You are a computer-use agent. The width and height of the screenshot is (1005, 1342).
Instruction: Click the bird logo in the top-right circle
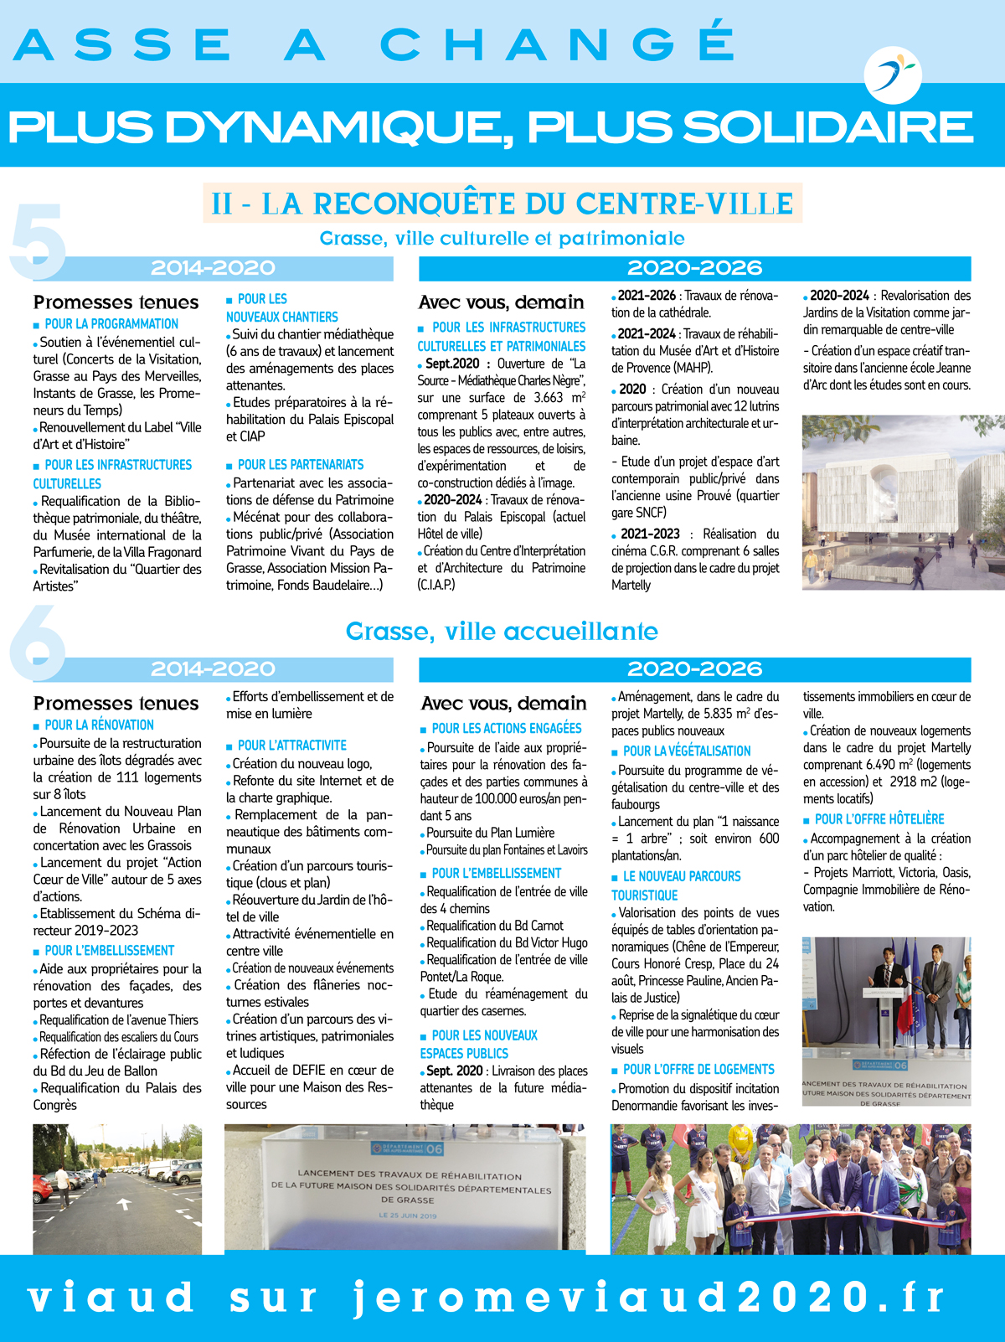[x=893, y=74]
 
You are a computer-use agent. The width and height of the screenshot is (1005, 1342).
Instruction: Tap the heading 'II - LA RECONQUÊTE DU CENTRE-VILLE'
[x=502, y=204]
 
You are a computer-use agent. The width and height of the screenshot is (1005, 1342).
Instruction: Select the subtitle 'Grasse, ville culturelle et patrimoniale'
[x=502, y=239]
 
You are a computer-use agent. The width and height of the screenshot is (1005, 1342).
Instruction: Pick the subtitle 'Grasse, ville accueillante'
[x=502, y=632]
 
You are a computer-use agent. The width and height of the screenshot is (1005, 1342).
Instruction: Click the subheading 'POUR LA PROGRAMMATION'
[x=111, y=324]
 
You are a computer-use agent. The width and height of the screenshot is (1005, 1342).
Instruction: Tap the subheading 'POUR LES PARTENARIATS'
[x=300, y=465]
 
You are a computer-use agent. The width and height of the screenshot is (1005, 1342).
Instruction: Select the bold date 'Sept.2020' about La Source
[x=452, y=364]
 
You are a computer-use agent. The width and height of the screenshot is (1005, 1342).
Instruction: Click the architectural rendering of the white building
[x=886, y=503]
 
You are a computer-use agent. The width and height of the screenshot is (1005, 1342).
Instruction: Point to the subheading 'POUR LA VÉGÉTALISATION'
[x=686, y=751]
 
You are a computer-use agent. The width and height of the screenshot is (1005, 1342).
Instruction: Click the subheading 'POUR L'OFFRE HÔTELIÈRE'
[x=879, y=819]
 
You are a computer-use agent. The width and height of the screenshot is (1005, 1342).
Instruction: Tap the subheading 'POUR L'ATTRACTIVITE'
[x=291, y=746]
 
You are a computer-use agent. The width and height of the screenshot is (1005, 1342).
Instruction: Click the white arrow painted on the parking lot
[x=124, y=1204]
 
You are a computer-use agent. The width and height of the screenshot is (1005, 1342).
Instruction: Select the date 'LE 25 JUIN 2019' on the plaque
[x=408, y=1216]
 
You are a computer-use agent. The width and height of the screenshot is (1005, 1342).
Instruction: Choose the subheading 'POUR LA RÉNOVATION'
[x=99, y=725]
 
